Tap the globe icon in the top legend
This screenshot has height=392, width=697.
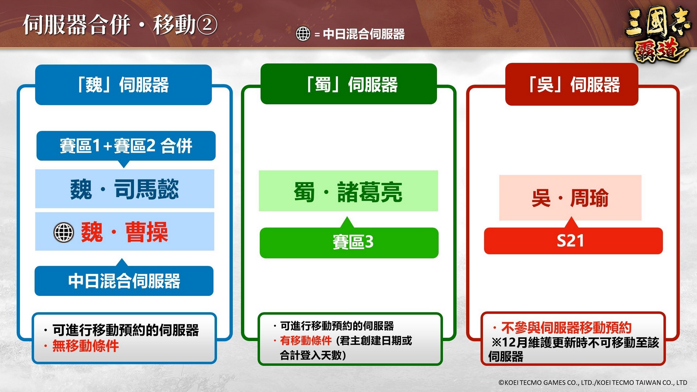coord(303,34)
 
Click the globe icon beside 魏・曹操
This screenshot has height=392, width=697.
coord(64,232)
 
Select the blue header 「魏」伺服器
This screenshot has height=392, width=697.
coord(123,85)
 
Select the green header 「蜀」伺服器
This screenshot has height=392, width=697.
coord(349,84)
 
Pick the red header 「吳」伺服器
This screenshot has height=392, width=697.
coord(572,85)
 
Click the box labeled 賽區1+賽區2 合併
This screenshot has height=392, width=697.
coord(126,146)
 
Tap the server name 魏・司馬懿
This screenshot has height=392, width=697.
coord(125,189)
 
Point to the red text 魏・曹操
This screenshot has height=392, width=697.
coord(125,232)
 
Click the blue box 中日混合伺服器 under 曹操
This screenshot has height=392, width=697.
coord(124,281)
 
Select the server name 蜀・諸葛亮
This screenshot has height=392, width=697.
coord(348,192)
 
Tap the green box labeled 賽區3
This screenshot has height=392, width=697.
coord(349,242)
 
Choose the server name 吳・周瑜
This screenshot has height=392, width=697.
coord(570,198)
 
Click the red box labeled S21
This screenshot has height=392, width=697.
coord(574,241)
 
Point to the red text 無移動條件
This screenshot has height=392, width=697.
coord(86,346)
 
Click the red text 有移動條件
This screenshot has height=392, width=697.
coord(306,340)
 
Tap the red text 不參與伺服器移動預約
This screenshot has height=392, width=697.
coord(566,328)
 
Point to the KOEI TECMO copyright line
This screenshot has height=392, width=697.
coord(593,382)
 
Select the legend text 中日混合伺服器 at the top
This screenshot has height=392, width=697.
coord(364,34)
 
